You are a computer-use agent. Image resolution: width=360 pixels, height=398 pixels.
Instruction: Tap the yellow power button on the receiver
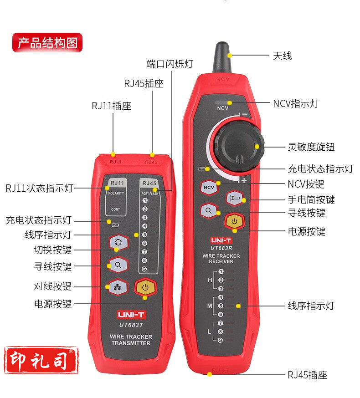235,221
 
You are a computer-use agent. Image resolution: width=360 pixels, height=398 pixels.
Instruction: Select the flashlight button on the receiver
235,198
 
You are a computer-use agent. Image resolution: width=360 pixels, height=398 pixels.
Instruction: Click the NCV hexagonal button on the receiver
209,188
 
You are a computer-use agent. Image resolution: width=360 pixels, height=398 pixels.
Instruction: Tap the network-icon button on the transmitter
118,287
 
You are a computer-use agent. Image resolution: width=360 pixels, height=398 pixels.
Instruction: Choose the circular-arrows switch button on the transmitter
118,242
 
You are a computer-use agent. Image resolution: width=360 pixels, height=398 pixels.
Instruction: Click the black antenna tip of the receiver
222,57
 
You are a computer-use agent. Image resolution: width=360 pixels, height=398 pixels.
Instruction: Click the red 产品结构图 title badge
47,42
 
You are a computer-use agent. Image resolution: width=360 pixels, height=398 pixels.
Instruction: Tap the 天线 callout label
282,56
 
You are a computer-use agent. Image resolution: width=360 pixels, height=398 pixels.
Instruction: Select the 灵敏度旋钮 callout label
311,147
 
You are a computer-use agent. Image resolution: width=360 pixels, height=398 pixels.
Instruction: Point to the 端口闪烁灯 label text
170,64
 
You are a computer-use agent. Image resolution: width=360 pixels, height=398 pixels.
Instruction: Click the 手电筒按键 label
311,200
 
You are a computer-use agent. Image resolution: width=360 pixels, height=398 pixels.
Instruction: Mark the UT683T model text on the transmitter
131,325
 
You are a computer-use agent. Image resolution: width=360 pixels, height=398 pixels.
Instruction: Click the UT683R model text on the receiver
221,248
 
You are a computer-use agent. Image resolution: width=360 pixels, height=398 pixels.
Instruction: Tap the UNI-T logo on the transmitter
131,315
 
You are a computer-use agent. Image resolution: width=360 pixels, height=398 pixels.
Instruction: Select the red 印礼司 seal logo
41,360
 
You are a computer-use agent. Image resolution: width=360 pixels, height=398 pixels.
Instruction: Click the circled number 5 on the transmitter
144,235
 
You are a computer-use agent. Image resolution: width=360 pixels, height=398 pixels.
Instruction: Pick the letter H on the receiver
210,280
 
